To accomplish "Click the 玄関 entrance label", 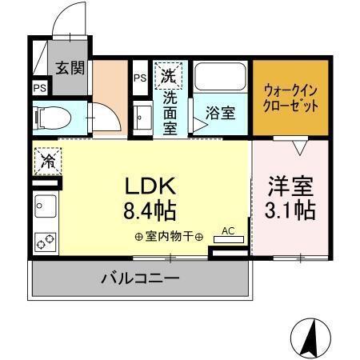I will point(70,68).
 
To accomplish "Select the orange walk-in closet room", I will point(290,97).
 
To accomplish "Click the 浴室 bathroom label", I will point(220,113).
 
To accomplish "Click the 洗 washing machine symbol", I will point(168,77).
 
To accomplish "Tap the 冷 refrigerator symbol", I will point(47,160).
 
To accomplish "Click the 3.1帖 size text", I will point(290,211).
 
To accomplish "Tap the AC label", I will point(227,231).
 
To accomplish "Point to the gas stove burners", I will point(45,239).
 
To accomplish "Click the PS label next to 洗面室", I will point(139,78).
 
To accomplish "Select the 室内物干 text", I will point(170,237).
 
